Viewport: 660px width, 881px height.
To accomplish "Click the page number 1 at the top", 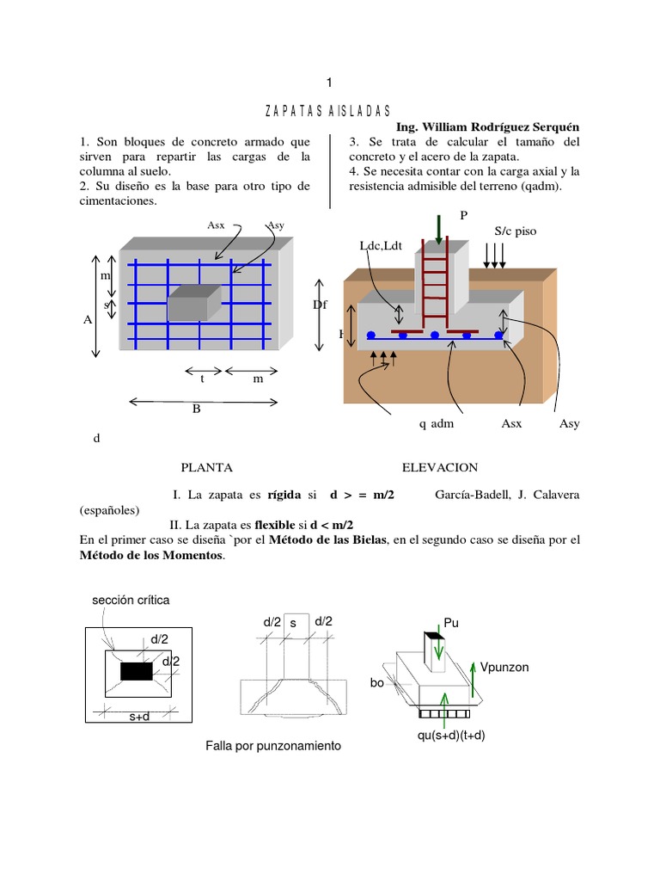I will pos(328,83).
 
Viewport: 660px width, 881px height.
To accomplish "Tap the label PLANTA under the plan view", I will pos(206,467).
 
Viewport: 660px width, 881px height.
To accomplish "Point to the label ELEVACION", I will pos(440,467).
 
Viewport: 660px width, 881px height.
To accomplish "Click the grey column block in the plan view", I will pos(193,304).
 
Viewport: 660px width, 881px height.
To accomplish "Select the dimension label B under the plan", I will pos(196,410).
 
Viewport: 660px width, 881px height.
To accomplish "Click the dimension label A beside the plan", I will pos(87,319).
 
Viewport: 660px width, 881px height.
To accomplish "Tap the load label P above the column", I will pos(464,215).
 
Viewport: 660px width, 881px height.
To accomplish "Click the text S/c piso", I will pos(516,231).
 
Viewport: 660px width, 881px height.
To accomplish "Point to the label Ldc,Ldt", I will pos(380,247).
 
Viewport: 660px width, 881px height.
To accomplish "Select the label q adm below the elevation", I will pos(436,423).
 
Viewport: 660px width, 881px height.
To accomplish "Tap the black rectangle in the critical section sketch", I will pos(137,671).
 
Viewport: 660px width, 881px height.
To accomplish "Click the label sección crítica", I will pos(131,601).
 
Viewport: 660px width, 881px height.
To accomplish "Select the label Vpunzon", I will pos(505,667).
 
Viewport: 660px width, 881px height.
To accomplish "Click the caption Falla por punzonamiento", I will pos(273,746).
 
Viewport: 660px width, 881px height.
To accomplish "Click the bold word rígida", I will pos(284,495).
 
